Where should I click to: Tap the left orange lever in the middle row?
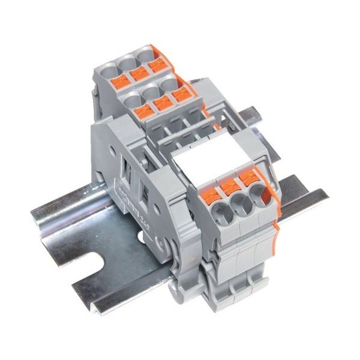(143, 110)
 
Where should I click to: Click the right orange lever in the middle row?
(178, 96)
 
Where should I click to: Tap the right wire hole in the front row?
(257, 193)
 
